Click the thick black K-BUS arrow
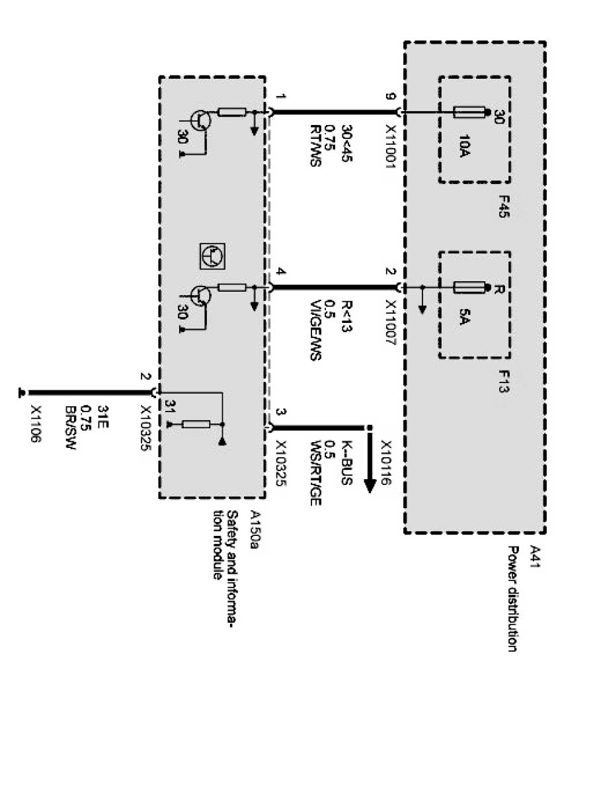click(x=370, y=463)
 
